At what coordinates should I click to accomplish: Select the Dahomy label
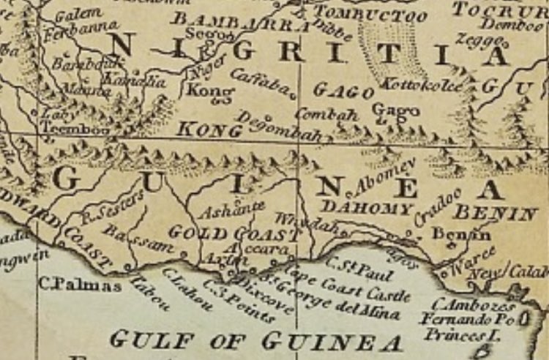click(x=367, y=209)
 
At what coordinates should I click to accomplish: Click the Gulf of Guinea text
click(x=256, y=341)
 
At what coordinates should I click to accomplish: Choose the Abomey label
click(x=385, y=176)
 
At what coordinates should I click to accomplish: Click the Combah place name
click(x=326, y=115)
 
